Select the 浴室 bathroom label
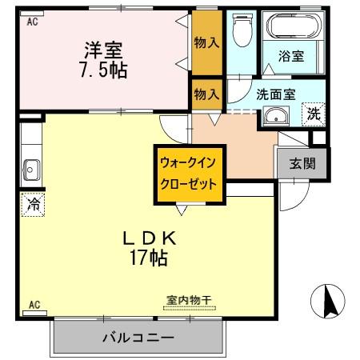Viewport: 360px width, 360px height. coord(290,56)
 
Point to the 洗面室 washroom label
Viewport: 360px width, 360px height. coord(276,94)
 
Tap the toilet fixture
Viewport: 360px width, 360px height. coord(240,34)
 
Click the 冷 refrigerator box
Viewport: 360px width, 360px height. coord(34,205)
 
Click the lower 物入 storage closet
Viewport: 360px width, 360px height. coord(206,94)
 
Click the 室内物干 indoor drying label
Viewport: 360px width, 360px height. coord(188,300)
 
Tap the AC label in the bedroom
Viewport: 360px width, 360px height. coord(32,22)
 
